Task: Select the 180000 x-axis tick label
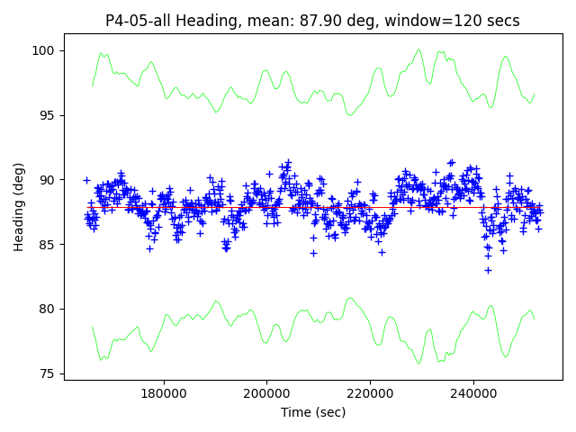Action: [x=163, y=393]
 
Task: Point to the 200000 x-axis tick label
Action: [x=267, y=393]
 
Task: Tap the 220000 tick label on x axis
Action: [x=371, y=393]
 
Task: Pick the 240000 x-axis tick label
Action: [x=474, y=393]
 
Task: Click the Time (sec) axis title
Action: [x=312, y=412]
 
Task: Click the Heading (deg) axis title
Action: [x=19, y=206]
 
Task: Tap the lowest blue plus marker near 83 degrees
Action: [x=488, y=270]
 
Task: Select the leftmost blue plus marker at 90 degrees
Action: [x=86, y=180]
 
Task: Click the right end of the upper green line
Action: [x=535, y=94]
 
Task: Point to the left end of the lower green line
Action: [x=92, y=328]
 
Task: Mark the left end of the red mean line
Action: [x=87, y=206]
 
